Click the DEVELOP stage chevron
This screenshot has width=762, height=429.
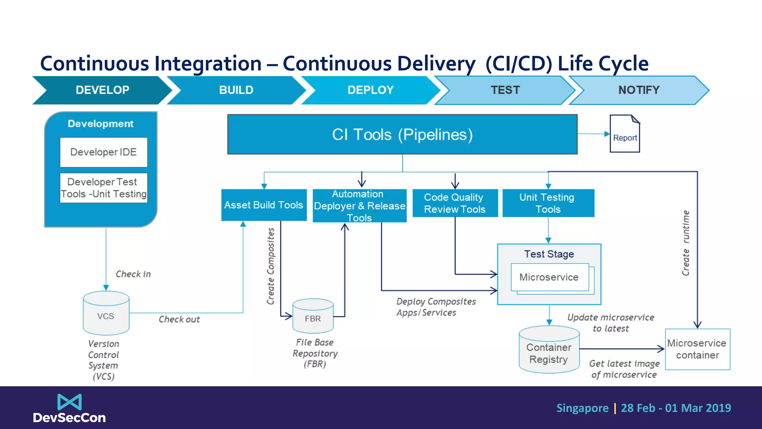(x=102, y=90)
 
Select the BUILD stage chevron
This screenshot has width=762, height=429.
(x=236, y=90)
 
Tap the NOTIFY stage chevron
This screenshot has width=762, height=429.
(x=638, y=90)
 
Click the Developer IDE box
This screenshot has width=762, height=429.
(x=103, y=152)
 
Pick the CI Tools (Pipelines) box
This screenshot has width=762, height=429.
(x=402, y=134)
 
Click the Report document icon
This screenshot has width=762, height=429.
(x=625, y=134)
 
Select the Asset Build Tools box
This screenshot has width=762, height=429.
(x=264, y=205)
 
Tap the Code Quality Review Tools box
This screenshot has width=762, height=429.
(x=455, y=203)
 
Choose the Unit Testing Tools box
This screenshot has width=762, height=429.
(x=548, y=203)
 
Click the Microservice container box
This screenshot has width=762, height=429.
(x=697, y=349)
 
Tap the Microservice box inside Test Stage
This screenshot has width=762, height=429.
(x=549, y=277)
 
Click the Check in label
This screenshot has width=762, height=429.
(x=133, y=274)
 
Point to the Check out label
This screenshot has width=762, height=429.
(x=179, y=320)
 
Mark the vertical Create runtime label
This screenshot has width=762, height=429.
(x=685, y=243)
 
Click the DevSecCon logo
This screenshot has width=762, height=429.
(x=69, y=409)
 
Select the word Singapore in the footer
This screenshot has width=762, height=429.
(x=582, y=408)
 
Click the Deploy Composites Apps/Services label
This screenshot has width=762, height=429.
(x=435, y=307)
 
